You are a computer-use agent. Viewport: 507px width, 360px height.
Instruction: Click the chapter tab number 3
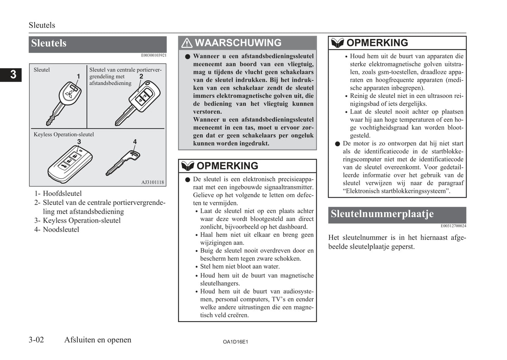click(13, 74)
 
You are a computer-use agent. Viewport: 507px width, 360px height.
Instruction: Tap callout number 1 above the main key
click(78, 76)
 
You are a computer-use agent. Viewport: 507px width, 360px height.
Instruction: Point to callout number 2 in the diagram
click(141, 76)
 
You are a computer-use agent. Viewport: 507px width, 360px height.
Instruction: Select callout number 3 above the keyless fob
click(79, 142)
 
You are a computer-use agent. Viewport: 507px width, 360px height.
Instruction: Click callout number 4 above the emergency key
click(135, 142)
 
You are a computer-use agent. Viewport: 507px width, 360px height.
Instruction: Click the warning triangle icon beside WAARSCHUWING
click(187, 43)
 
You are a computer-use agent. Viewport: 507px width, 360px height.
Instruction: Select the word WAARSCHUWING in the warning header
click(238, 43)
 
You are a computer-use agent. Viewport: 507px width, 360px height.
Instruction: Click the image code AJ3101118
click(152, 182)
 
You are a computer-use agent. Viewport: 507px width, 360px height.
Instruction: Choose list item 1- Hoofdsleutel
click(58, 194)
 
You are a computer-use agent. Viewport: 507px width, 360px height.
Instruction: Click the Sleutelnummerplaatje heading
click(382, 214)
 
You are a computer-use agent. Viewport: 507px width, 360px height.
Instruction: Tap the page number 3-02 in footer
click(36, 340)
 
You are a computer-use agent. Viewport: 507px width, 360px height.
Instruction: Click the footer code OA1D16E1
click(235, 342)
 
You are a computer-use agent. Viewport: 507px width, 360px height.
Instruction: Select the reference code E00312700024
click(453, 226)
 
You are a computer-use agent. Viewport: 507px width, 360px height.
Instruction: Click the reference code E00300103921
click(154, 55)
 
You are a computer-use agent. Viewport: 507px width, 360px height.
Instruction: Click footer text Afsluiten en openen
click(98, 340)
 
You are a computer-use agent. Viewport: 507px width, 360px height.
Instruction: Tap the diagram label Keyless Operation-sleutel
click(64, 134)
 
